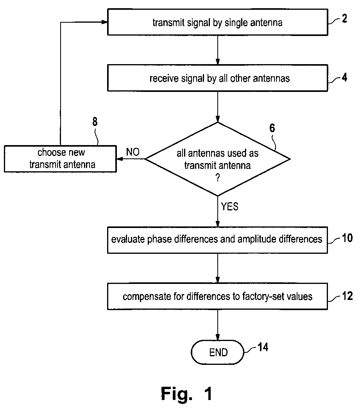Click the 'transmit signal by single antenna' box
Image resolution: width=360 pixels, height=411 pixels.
coord(217,22)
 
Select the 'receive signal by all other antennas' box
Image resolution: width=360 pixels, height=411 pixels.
coord(217,78)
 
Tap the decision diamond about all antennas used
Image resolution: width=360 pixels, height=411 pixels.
coord(217,159)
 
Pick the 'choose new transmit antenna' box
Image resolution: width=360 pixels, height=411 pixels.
coord(60,159)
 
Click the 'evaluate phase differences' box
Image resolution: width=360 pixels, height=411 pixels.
coord(217,240)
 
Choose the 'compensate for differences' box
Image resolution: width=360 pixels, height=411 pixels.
coord(217,296)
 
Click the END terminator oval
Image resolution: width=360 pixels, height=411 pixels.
coord(217,352)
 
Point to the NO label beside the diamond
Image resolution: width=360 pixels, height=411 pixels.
coord(133,152)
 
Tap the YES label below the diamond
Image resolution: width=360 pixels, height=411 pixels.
coord(230,206)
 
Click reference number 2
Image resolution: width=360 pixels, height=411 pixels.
coord(344,18)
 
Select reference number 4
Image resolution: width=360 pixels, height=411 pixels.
coord(344,77)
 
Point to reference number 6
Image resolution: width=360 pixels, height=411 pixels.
coord(272,128)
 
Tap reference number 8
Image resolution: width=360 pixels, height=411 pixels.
coord(95,122)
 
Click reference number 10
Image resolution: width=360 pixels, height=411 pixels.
coord(347,238)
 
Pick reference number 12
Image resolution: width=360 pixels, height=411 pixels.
coord(347,296)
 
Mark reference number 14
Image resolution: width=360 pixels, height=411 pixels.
coord(263,347)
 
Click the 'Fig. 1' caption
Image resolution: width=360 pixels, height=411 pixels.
coord(186,394)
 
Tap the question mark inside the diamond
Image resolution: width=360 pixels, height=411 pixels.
coord(217,178)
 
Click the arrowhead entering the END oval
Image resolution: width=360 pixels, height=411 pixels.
coord(217,337)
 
